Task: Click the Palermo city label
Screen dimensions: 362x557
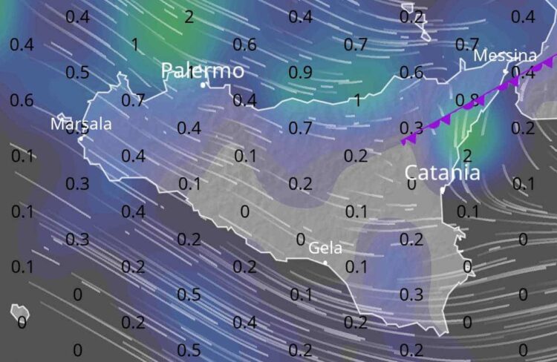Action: [202, 70]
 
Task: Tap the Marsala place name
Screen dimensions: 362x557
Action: [81, 123]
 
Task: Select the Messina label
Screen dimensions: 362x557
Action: [505, 56]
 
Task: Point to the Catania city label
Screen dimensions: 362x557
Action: [442, 173]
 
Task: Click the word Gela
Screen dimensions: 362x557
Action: [325, 247]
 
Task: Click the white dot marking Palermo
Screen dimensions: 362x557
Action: [203, 85]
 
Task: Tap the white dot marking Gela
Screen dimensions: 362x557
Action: [325, 262]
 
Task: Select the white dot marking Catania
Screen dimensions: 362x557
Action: [442, 190]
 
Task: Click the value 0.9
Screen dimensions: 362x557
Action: [300, 73]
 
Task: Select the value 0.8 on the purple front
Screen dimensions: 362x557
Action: [467, 99]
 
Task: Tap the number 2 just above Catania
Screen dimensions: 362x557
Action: [467, 155]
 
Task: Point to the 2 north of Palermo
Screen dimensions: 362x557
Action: [189, 17]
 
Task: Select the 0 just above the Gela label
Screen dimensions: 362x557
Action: [300, 239]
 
